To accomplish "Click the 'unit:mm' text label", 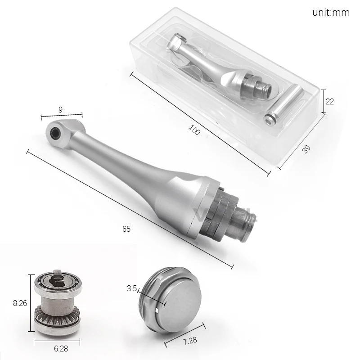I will (331, 12).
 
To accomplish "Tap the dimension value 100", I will (194, 130).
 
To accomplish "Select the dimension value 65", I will (126, 229).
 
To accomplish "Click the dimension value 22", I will (330, 102).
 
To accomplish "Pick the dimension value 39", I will (306, 149).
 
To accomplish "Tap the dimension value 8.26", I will (20, 303).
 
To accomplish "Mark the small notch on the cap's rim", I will (156, 310).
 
